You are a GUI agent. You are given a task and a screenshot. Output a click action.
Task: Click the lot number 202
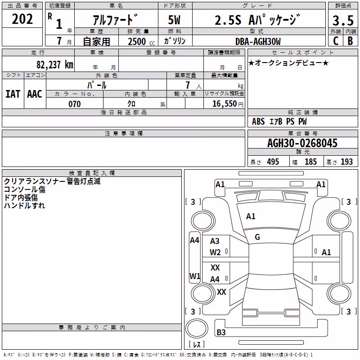[x=22, y=19]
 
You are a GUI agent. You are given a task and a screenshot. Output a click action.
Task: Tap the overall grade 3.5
[x=343, y=20]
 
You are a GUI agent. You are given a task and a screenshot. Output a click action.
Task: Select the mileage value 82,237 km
[x=54, y=65]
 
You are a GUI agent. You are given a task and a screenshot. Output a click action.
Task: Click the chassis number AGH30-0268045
[x=302, y=143]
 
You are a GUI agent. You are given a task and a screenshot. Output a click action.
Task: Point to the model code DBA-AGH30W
[x=258, y=41]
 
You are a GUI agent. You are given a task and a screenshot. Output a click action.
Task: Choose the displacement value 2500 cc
[x=141, y=41]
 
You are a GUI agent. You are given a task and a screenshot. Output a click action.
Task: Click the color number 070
[x=75, y=104]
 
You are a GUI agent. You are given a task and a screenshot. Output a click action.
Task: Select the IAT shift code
[x=13, y=94]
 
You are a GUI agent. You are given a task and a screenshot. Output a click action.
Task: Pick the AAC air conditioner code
[x=35, y=94]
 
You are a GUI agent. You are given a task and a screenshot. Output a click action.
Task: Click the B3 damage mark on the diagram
[x=221, y=332]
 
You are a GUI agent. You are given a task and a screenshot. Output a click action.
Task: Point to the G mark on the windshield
[x=257, y=237]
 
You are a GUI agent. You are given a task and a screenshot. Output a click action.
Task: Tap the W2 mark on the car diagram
[x=215, y=252]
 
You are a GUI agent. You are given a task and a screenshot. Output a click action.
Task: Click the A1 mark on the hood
[x=251, y=216]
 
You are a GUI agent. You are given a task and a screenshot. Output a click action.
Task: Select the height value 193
[x=346, y=162]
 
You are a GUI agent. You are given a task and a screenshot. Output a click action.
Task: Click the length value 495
[x=273, y=162]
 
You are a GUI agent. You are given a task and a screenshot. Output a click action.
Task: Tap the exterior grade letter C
[x=336, y=41]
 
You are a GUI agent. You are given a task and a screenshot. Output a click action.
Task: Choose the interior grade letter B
[x=351, y=41]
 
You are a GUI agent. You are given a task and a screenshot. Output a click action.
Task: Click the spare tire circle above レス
[x=197, y=329]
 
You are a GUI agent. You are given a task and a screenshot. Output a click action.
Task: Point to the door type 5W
[x=174, y=20]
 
